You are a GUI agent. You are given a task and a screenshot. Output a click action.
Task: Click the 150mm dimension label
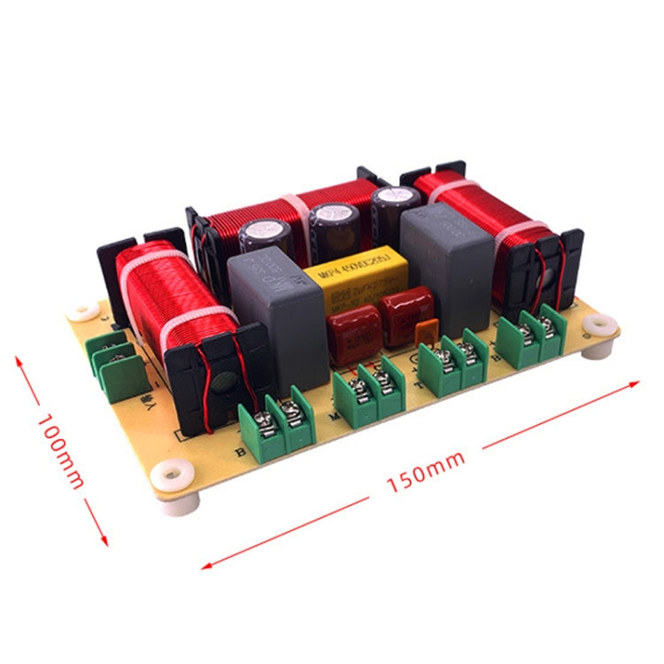pos(425,474)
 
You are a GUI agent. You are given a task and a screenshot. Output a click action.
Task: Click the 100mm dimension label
pos(62,452)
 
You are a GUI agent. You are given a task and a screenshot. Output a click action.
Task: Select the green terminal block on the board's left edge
pos(115,363)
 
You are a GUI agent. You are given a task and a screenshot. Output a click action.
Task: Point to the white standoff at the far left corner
pos(83,312)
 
